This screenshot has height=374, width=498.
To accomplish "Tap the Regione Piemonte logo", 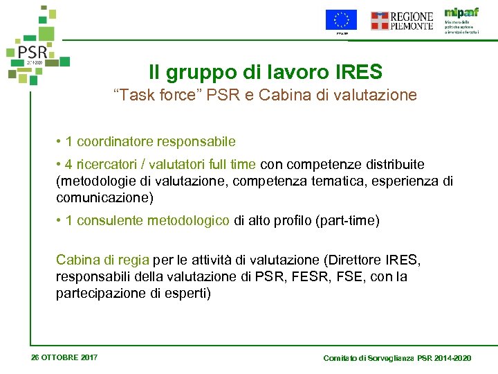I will coord(402,21).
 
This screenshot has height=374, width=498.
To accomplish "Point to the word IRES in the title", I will coord(356,71).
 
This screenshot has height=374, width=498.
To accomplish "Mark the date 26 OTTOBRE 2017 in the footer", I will coord(64,357).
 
